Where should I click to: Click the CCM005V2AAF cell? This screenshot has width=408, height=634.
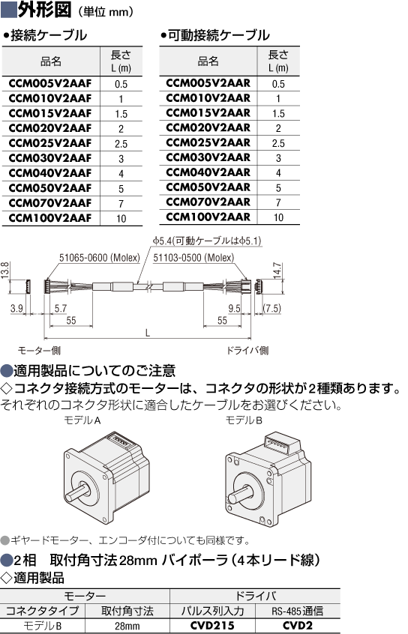point(50,84)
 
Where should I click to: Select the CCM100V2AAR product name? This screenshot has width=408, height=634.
point(208,217)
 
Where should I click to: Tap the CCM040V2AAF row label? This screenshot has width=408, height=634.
point(50,173)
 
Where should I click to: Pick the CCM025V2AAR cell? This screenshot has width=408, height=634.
point(208,142)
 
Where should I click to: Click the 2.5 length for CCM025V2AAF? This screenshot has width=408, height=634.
point(121,144)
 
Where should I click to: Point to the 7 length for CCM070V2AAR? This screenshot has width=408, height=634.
point(278,202)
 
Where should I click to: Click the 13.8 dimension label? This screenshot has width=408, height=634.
point(4,270)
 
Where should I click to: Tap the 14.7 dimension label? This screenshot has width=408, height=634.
point(277,271)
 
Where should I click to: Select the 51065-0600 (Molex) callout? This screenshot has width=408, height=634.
point(100,258)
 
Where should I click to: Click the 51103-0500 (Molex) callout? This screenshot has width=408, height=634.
point(193,258)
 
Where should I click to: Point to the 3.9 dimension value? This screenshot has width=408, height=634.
point(16,308)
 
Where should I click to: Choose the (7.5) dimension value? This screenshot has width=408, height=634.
point(271,308)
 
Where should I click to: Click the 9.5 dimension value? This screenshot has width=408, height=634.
point(234,308)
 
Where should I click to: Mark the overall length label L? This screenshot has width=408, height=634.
point(148,333)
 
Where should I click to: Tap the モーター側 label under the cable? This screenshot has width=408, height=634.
point(39,350)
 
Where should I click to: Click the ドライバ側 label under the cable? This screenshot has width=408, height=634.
point(247,350)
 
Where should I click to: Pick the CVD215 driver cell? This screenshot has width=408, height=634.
point(212,626)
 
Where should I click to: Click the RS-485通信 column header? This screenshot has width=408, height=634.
point(298,611)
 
